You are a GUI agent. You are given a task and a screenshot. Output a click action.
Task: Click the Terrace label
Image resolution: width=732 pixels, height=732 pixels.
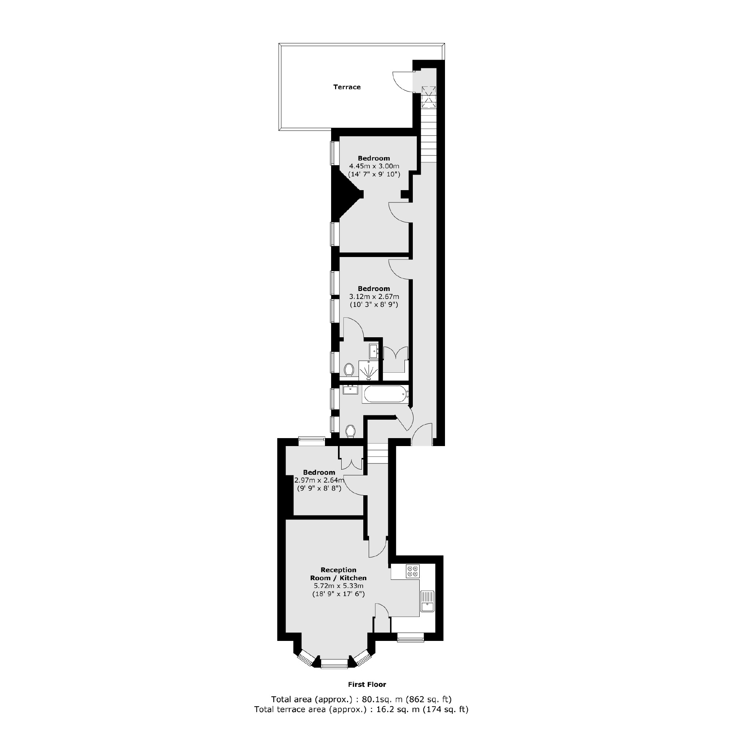pyautogui.click(x=347, y=87)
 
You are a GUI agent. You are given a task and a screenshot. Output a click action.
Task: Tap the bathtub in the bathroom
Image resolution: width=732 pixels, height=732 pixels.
pyautogui.click(x=385, y=395)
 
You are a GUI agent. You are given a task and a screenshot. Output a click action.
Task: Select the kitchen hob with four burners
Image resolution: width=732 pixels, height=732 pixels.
pyautogui.click(x=412, y=571)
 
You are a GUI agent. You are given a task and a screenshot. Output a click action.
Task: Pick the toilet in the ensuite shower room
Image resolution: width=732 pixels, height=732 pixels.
pyautogui.click(x=349, y=369)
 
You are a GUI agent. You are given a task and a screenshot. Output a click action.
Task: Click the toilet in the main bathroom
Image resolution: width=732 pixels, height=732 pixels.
pyautogui.click(x=351, y=431)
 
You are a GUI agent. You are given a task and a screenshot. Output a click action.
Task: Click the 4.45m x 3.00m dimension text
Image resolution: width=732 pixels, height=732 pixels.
pyautogui.click(x=374, y=166)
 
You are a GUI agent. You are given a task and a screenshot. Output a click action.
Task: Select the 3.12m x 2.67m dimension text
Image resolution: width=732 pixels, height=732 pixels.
pyautogui.click(x=374, y=296)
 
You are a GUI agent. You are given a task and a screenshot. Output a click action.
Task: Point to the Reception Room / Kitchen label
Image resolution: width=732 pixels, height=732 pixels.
pyautogui.click(x=338, y=574)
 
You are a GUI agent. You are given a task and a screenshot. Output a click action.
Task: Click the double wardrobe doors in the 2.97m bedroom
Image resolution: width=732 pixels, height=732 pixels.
pyautogui.click(x=352, y=464)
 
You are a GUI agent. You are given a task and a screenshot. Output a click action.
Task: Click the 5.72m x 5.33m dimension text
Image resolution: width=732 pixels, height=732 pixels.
pyautogui.click(x=338, y=586)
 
